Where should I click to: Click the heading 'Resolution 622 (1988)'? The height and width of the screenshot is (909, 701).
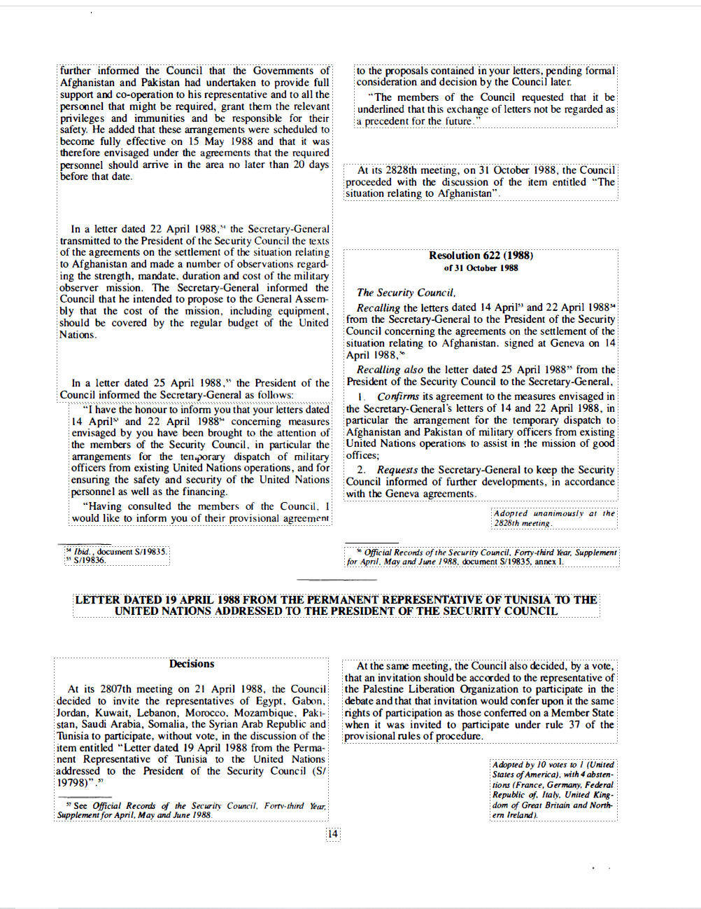pos(481,256)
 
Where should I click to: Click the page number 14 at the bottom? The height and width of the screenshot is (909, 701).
pos(333,833)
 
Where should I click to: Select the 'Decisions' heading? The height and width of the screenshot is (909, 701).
pos(192,664)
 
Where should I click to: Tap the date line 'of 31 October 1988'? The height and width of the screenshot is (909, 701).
pos(481,268)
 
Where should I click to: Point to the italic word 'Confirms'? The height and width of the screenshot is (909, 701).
pos(398,396)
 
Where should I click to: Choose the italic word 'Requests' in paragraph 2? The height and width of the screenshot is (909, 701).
pos(397,470)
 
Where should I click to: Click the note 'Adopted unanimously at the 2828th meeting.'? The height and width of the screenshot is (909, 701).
pos(553,518)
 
